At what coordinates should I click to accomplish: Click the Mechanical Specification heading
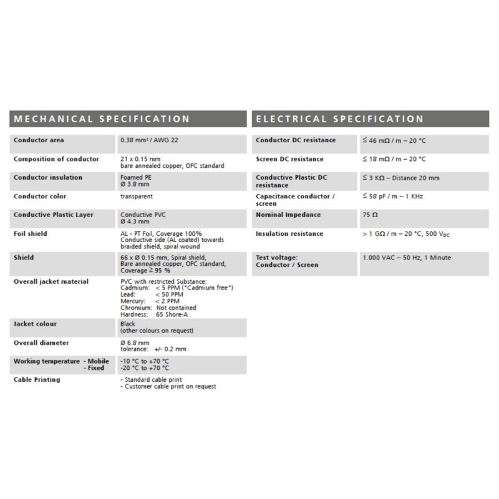(x=101, y=119)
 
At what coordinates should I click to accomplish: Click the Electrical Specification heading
(x=340, y=119)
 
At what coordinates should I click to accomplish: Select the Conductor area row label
(x=39, y=140)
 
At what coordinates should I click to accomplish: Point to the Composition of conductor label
(x=56, y=159)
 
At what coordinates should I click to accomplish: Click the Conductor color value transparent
(x=136, y=196)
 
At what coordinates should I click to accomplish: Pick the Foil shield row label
(x=31, y=233)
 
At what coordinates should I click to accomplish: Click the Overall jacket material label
(x=51, y=281)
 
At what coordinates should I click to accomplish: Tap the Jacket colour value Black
(x=127, y=325)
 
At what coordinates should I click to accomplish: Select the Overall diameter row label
(x=42, y=342)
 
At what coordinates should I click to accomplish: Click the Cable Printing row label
(x=37, y=379)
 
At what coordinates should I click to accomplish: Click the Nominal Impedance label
(x=288, y=215)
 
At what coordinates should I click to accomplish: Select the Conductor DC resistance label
(x=297, y=140)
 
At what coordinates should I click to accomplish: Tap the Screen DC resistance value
(x=394, y=159)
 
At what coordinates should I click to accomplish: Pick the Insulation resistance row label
(x=289, y=233)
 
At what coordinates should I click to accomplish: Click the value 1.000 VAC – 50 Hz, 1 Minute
(x=407, y=257)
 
